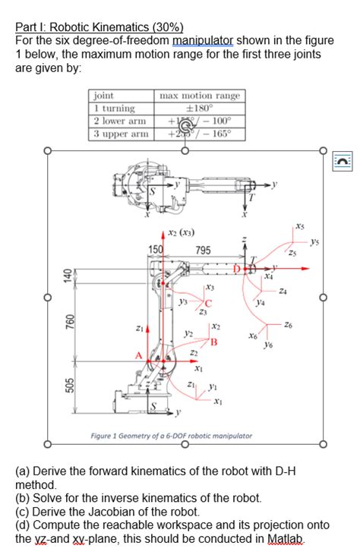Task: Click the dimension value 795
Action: pos(204,251)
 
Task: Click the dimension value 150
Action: pos(156,251)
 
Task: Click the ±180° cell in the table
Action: pos(199,108)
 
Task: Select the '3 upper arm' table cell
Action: pos(119,134)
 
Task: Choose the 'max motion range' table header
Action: pos(199,96)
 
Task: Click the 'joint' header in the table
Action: pos(103,96)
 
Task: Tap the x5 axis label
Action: pos(301,226)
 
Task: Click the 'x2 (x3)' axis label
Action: pos(180,232)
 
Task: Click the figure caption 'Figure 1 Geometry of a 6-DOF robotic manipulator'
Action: pos(171,436)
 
